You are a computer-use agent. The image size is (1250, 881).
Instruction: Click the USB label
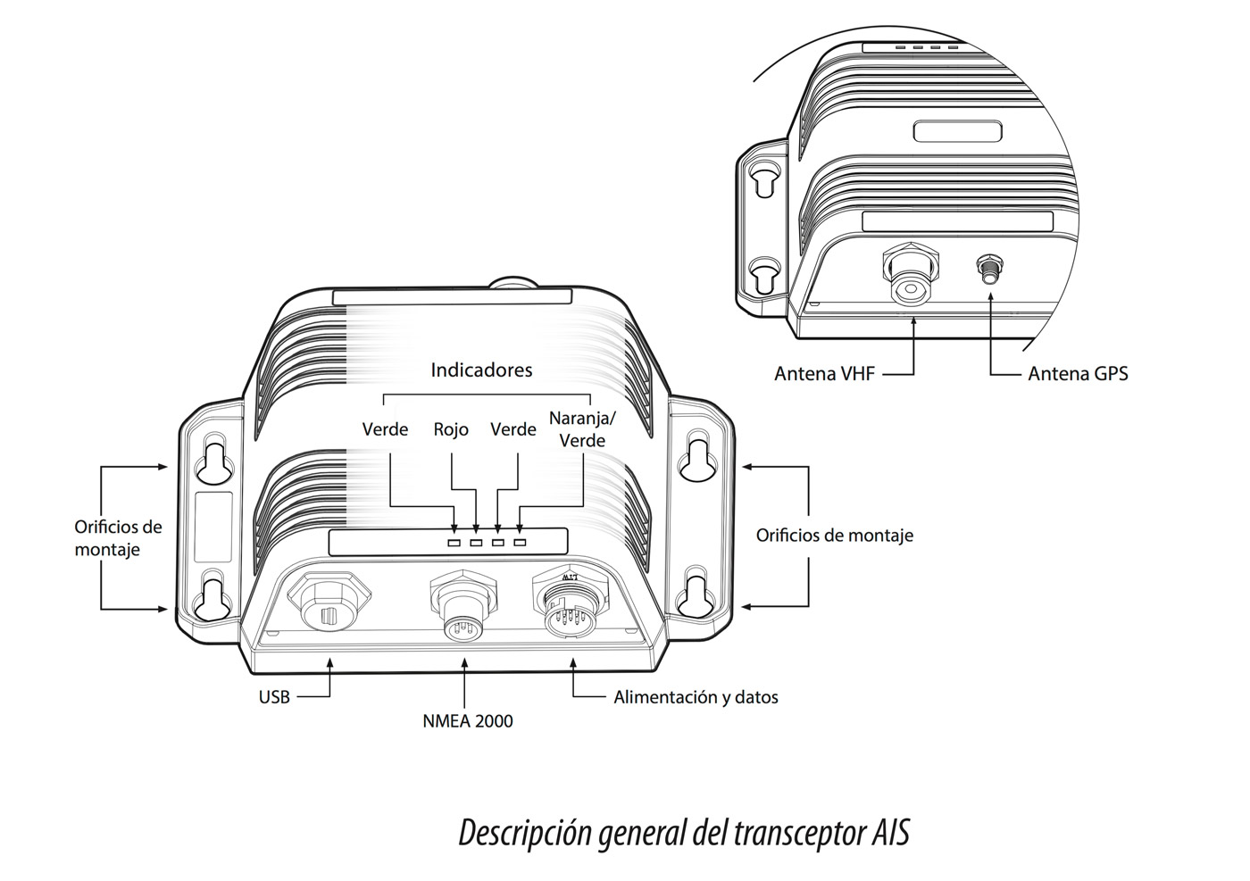[274, 697]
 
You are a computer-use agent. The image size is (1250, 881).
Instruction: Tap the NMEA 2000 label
[468, 721]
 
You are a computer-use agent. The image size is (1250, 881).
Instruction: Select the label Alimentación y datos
[696, 697]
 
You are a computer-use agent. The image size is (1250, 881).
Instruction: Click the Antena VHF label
[824, 373]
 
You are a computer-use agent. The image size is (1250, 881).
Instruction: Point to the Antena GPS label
[1078, 373]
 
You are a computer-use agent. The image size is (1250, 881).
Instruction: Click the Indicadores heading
[481, 370]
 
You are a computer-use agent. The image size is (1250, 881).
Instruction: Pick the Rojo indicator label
[451, 429]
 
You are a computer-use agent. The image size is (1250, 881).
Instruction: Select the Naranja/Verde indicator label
[577, 429]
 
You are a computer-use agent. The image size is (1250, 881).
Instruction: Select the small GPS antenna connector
[990, 269]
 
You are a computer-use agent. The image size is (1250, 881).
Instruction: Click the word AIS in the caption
[888, 834]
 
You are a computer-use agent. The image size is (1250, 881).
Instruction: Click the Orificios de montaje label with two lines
[119, 538]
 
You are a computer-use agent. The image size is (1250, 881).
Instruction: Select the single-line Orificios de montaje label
[834, 536]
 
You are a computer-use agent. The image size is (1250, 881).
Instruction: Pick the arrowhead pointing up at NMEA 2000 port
[465, 661]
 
